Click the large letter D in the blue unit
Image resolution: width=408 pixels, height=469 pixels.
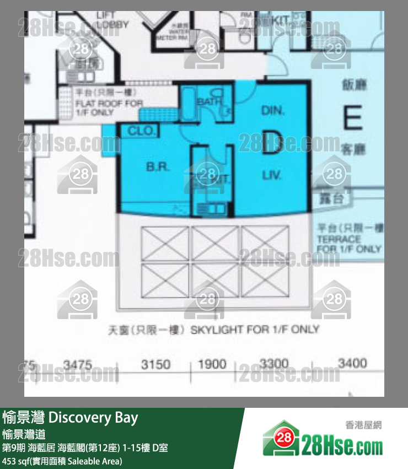click(271, 141)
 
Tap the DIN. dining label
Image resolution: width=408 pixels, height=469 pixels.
click(272, 110)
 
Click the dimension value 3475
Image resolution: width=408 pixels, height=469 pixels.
click(78, 364)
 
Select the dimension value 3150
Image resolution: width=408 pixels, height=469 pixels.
click(156, 364)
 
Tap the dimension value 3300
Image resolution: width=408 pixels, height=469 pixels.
click(273, 364)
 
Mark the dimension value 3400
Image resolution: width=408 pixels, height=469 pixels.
click(352, 364)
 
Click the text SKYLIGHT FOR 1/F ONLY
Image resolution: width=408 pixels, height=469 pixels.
click(255, 330)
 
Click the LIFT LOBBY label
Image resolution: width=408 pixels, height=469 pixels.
click(112, 21)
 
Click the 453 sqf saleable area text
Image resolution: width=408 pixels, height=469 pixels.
click(62, 461)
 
